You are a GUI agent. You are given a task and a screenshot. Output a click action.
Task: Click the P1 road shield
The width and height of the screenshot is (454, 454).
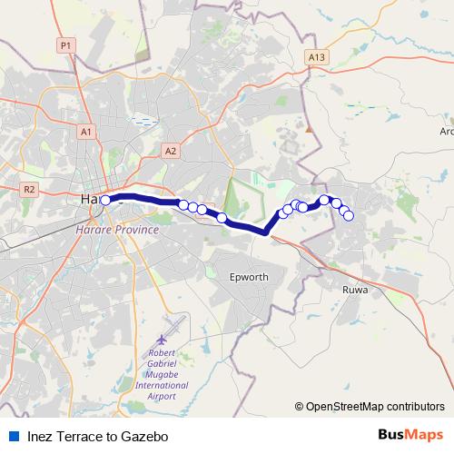[64, 45]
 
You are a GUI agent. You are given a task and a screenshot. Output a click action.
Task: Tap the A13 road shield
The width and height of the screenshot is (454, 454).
[316, 57]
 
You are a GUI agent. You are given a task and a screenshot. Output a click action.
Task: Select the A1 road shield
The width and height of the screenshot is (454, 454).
[86, 133]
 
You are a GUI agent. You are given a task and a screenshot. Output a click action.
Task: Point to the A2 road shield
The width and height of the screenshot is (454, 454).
[172, 150]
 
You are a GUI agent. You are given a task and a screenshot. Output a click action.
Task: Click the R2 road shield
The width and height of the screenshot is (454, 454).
[29, 190]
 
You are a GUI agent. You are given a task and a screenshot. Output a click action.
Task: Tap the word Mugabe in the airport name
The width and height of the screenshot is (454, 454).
[162, 373]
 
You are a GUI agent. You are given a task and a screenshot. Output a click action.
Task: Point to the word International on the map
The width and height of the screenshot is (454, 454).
[162, 385]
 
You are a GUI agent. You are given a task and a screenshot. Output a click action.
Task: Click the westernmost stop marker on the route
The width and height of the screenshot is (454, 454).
[106, 201]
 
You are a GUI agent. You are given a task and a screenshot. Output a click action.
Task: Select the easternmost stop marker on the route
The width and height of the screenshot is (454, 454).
[348, 215]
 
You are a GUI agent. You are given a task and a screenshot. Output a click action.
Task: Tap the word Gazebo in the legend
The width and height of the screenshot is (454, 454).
[146, 437]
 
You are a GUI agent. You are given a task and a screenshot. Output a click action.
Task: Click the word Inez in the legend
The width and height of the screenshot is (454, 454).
[42, 437]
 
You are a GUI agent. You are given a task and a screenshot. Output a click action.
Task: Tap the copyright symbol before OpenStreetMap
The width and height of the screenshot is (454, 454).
[299, 407]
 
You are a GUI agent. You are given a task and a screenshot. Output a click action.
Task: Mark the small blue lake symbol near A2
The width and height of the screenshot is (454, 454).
[143, 119]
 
